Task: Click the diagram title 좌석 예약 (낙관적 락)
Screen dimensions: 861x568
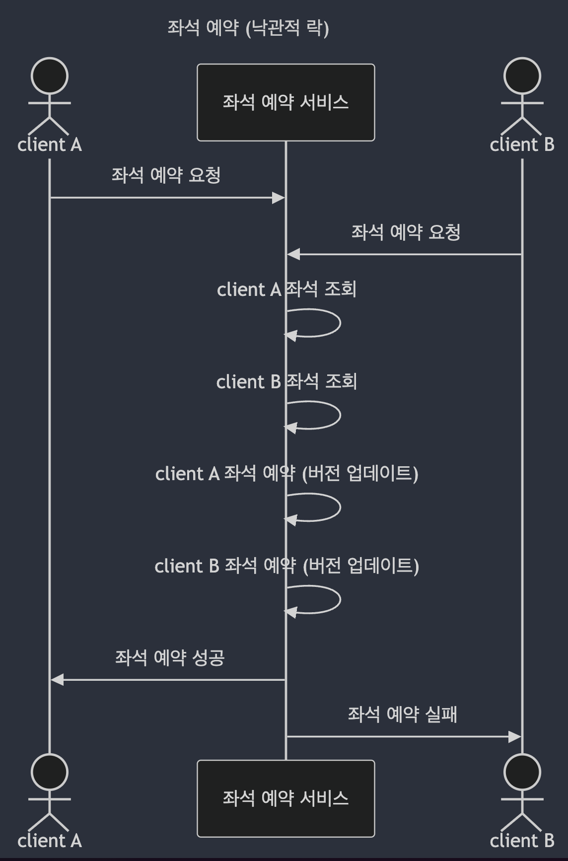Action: pos(248,28)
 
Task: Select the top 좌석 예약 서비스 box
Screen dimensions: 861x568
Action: pos(285,102)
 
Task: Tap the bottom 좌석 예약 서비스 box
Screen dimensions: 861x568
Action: pos(285,798)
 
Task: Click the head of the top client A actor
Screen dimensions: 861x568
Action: pos(50,76)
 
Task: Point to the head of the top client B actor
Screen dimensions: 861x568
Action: pos(522,76)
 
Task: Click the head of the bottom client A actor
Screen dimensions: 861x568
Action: pos(50,772)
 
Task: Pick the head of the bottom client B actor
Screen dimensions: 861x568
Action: pos(522,772)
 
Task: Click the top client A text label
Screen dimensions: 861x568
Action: pos(50,145)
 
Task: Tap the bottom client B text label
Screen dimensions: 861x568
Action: pos(522,841)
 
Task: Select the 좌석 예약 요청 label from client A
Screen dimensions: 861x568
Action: pos(166,175)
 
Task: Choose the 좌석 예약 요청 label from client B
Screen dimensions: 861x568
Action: pos(406,232)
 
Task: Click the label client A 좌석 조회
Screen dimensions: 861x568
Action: pos(286,289)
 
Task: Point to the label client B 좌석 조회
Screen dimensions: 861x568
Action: pos(286,381)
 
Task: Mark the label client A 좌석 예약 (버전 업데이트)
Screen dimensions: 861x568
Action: pos(286,474)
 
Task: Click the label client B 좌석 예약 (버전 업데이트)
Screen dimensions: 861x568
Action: pos(286,566)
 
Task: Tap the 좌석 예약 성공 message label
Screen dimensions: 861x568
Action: pos(170,658)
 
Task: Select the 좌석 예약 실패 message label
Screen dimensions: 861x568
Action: pos(402,715)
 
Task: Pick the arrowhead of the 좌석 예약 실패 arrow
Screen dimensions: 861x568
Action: pos(515,737)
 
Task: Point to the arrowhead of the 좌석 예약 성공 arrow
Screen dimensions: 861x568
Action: pos(57,680)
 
